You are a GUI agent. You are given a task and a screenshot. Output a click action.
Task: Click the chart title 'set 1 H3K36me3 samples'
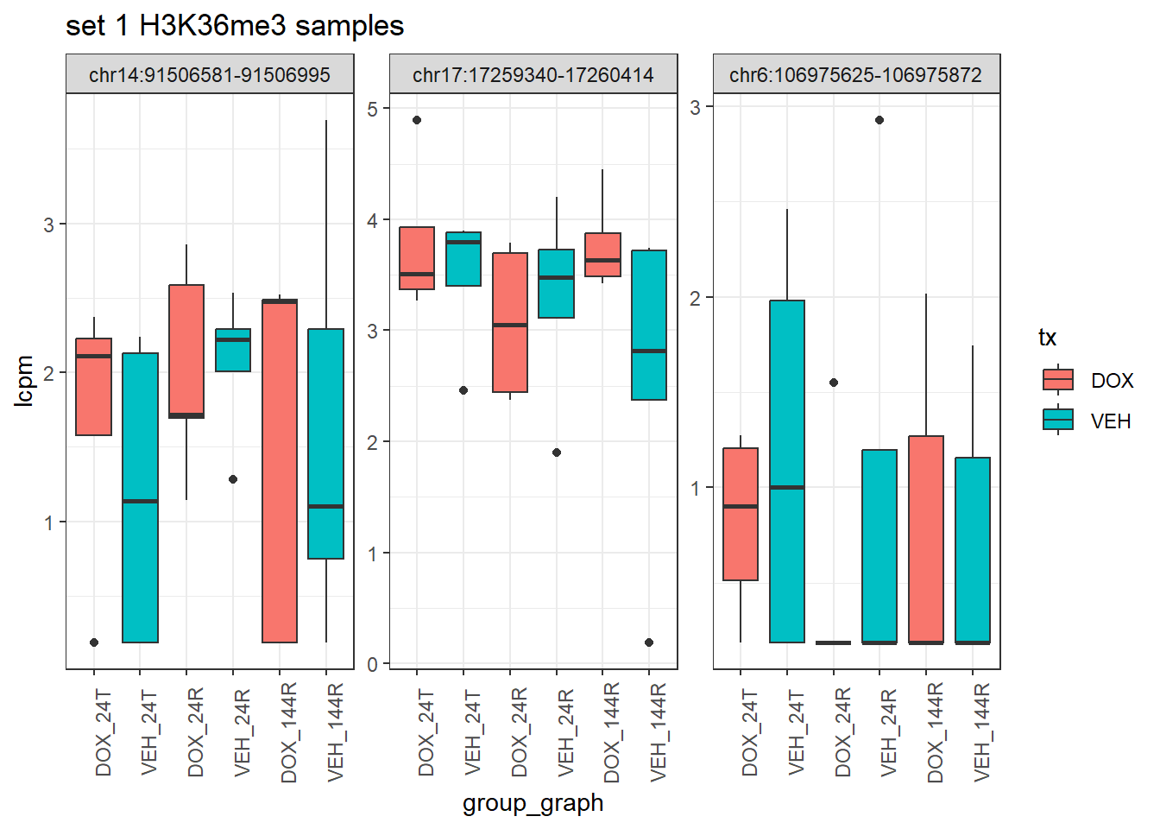tap(235, 26)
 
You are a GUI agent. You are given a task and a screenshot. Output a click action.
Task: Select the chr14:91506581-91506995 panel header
tap(210, 75)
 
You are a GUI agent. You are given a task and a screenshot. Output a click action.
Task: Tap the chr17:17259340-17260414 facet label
tap(533, 75)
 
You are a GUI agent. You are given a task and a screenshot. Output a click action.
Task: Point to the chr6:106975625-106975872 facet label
tap(856, 75)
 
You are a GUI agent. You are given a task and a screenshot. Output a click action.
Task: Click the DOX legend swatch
tap(1058, 380)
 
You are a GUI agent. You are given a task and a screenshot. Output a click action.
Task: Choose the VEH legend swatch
tap(1058, 421)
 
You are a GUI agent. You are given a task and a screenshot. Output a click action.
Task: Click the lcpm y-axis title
tap(24, 380)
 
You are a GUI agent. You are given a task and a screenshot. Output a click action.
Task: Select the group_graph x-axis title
tap(533, 803)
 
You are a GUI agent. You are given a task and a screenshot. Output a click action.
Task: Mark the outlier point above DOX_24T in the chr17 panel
tap(417, 120)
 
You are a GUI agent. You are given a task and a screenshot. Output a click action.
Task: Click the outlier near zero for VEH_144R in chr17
tap(649, 642)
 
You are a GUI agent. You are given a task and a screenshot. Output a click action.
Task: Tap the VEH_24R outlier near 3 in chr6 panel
tap(879, 120)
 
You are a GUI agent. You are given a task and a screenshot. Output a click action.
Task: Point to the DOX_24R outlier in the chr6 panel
tap(834, 383)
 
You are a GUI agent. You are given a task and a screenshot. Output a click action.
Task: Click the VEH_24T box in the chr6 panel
tap(787, 471)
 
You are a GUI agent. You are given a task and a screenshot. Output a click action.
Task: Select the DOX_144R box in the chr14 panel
tap(280, 471)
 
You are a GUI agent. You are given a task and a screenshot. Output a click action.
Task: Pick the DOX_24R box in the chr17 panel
tap(510, 322)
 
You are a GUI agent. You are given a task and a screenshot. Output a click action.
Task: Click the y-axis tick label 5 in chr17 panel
tap(372, 109)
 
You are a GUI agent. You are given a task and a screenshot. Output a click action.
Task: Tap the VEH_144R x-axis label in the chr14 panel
tap(336, 732)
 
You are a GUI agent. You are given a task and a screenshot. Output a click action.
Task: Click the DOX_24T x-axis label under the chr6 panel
tap(750, 732)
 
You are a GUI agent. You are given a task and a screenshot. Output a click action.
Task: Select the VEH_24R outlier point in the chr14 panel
tap(233, 479)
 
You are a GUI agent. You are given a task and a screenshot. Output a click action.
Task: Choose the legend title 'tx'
tap(1048, 338)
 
